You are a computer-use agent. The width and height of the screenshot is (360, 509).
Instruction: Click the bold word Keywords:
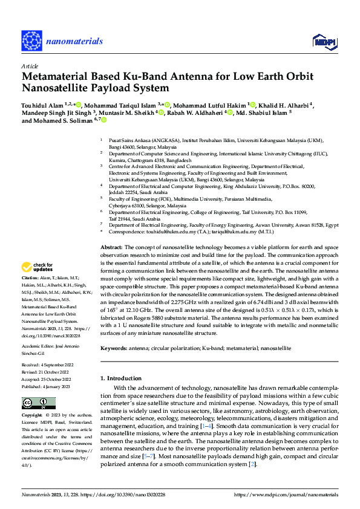114,349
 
